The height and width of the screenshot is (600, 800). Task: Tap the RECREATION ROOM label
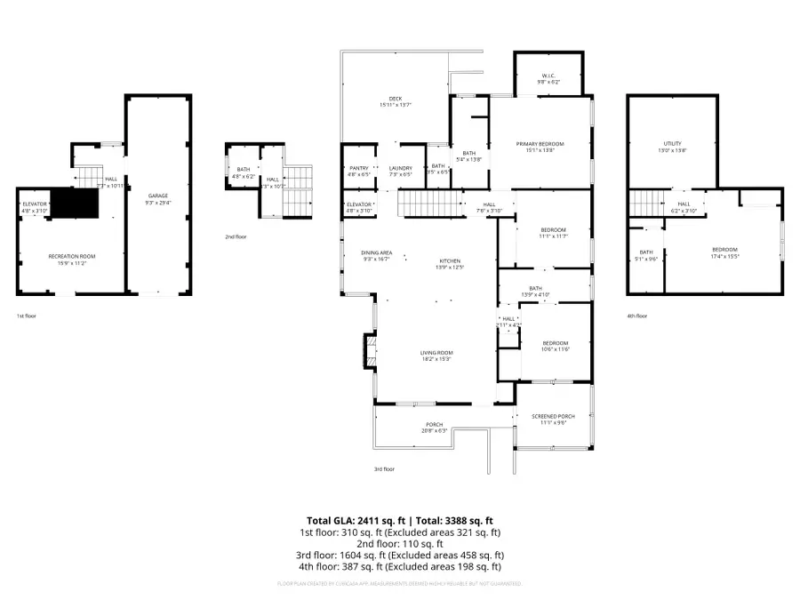click(71, 256)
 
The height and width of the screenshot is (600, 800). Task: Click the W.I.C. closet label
click(548, 76)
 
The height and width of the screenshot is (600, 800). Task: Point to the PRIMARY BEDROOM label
click(540, 144)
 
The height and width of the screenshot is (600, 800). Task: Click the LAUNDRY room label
click(401, 167)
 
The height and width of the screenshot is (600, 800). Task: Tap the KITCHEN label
click(450, 262)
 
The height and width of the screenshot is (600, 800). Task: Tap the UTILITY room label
click(672, 144)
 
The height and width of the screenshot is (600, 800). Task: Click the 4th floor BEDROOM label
click(724, 249)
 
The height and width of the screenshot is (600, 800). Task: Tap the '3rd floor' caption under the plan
click(384, 468)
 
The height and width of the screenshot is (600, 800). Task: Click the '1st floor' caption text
click(26, 316)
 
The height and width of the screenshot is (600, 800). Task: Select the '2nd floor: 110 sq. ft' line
click(399, 544)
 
